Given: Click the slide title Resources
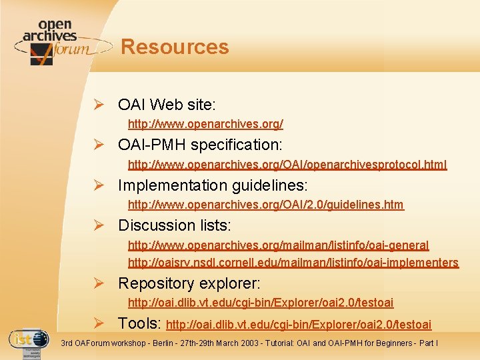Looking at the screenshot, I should [175, 47].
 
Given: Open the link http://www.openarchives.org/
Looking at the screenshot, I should [205, 124].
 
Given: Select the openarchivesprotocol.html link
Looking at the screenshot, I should [287, 164].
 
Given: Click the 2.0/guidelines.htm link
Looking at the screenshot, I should [265, 205].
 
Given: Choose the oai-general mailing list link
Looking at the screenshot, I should [278, 245].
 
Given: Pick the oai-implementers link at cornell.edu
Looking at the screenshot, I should [293, 263].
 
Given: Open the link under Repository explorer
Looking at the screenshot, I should [260, 303].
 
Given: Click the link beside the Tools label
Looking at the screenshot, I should [298, 325].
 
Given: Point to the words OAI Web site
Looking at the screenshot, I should [167, 105].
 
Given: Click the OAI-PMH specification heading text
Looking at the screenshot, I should [200, 145].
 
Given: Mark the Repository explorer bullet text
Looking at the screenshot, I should [189, 283].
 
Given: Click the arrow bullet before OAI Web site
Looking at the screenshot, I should [98, 105].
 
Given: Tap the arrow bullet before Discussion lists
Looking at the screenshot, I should [98, 225].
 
